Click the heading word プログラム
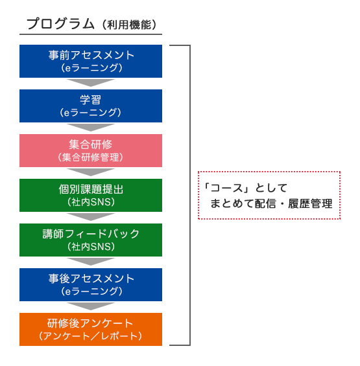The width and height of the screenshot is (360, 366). (x=61, y=24)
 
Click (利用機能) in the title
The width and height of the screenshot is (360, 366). (x=129, y=25)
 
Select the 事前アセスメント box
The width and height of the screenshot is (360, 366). (x=91, y=61)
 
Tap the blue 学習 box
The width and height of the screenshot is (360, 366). (x=91, y=106)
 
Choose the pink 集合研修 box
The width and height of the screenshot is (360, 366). (x=91, y=150)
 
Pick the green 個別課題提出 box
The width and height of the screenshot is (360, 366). (x=91, y=195)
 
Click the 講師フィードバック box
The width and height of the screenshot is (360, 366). (x=91, y=240)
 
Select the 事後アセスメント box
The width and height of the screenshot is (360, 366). (x=91, y=284)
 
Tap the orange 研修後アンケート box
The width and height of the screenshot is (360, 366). (x=91, y=329)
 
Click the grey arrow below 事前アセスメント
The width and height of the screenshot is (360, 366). (x=91, y=82)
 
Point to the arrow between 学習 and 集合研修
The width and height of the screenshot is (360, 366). (x=91, y=127)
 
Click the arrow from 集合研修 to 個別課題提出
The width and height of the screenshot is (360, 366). (x=91, y=172)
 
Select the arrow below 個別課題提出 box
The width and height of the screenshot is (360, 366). (x=91, y=216)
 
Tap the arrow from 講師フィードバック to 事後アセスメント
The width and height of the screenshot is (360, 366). (x=91, y=261)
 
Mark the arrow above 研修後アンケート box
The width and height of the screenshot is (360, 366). (x=91, y=306)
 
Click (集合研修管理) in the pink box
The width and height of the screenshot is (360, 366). (x=90, y=157)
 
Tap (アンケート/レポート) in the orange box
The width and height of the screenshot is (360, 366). (x=90, y=336)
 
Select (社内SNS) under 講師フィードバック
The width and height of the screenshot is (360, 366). (x=91, y=247)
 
